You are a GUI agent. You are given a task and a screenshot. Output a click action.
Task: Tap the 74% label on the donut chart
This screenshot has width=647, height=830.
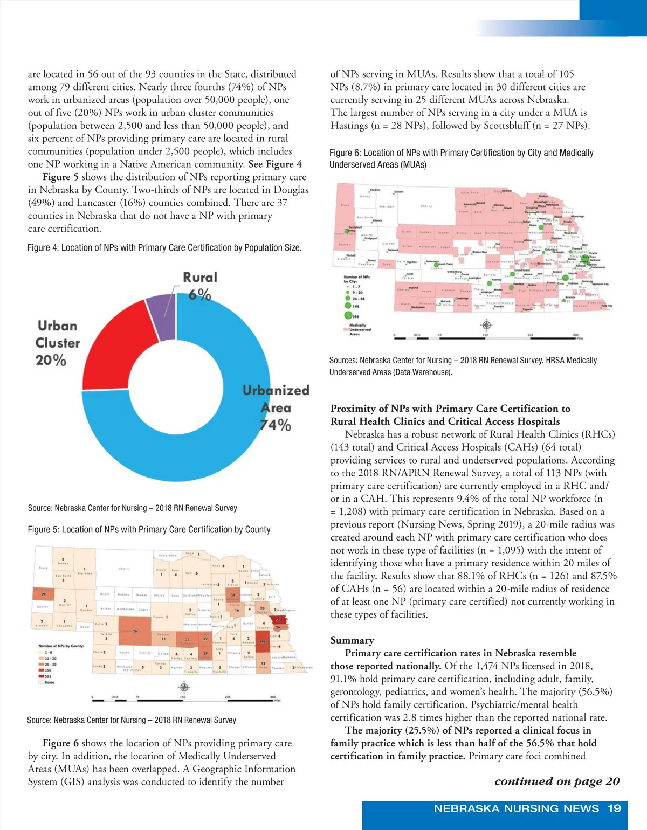(x=276, y=425)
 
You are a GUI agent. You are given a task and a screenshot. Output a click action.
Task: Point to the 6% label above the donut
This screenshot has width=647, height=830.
(x=199, y=295)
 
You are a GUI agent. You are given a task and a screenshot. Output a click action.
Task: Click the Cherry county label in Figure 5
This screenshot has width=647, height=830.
(x=124, y=569)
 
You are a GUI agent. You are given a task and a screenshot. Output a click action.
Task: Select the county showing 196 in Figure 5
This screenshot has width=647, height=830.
(x=263, y=641)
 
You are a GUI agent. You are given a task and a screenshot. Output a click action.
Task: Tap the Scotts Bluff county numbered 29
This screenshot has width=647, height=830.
(x=44, y=594)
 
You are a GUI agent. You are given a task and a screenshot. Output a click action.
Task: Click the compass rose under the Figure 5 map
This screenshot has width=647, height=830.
(x=184, y=687)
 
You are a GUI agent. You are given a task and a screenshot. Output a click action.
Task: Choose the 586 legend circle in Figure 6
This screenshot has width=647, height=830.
(x=348, y=316)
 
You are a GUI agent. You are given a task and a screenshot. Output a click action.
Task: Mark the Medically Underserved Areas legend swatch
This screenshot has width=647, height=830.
(x=346, y=328)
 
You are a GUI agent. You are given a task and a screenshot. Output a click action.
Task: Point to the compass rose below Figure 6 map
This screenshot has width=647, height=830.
(x=486, y=324)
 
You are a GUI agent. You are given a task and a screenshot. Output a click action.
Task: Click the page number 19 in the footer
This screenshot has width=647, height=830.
(x=614, y=808)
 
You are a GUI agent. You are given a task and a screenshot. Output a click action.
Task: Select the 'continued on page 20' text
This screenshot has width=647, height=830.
(x=557, y=781)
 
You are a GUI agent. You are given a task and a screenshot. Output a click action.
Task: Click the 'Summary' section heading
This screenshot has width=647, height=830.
(x=352, y=640)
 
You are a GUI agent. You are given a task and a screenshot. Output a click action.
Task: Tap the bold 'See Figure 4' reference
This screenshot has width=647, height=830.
(x=274, y=164)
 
